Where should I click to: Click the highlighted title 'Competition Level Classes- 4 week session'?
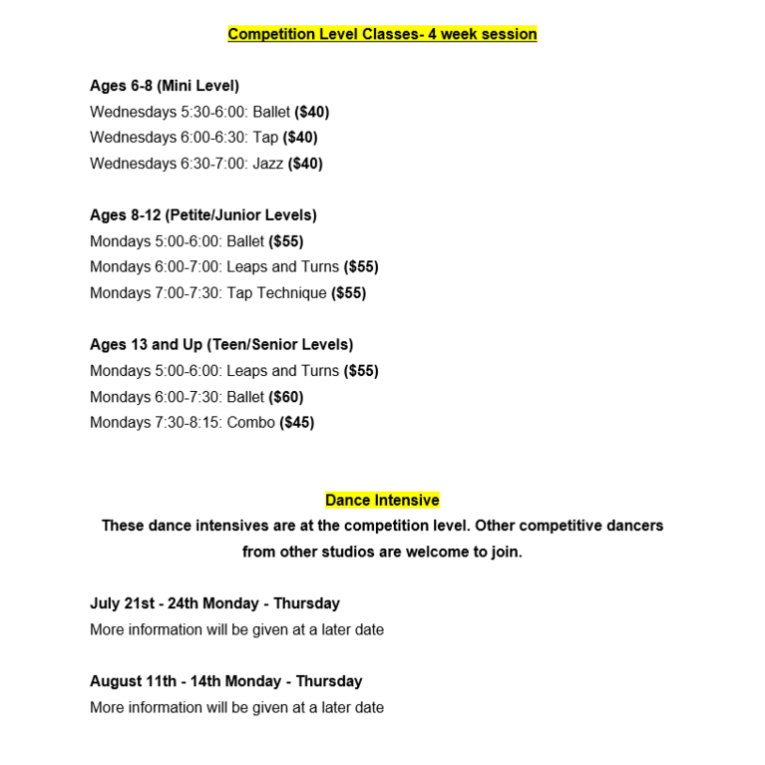[382, 34]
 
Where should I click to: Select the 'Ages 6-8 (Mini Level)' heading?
[165, 86]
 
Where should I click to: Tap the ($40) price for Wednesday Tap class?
[300, 138]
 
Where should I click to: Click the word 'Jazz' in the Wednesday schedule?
[267, 164]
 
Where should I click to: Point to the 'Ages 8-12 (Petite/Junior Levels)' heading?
[203, 215]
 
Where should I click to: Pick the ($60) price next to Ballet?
[286, 397]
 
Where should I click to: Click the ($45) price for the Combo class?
[297, 423]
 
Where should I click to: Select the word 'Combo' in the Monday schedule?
[251, 423]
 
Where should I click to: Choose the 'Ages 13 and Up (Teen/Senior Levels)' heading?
[221, 345]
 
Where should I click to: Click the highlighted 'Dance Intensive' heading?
[382, 501]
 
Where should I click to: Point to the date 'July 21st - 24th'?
[144, 604]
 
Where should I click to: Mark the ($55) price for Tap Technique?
[349, 293]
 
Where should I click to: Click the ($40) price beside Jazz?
[305, 164]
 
